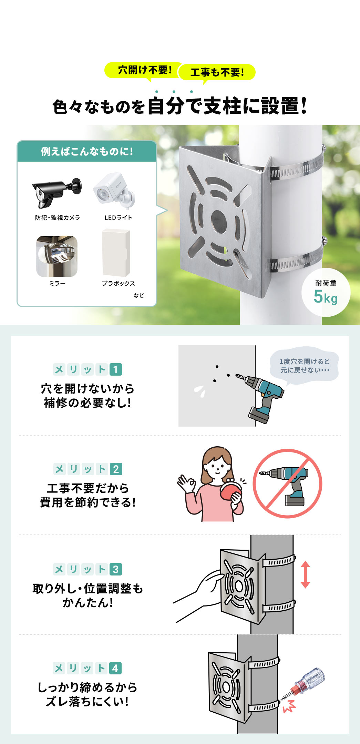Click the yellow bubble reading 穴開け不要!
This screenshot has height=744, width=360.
click(x=144, y=70)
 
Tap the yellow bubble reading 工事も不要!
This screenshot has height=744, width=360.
click(x=217, y=72)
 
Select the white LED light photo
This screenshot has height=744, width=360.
click(x=114, y=191)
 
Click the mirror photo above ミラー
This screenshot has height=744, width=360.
click(x=57, y=256)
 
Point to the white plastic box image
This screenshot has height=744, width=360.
click(x=116, y=253)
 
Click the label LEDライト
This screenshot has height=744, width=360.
click(x=118, y=218)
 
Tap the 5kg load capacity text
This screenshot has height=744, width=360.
click(x=325, y=297)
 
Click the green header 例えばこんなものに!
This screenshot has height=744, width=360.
click(x=87, y=152)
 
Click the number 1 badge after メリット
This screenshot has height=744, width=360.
click(x=116, y=369)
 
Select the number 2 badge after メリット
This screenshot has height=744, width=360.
click(x=116, y=469)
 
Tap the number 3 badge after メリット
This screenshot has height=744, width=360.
click(x=116, y=569)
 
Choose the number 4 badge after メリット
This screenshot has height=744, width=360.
click(x=115, y=668)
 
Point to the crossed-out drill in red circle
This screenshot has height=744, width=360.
click(x=287, y=483)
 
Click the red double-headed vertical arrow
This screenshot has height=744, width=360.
click(x=305, y=574)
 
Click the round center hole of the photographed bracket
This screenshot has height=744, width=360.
click(x=218, y=220)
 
